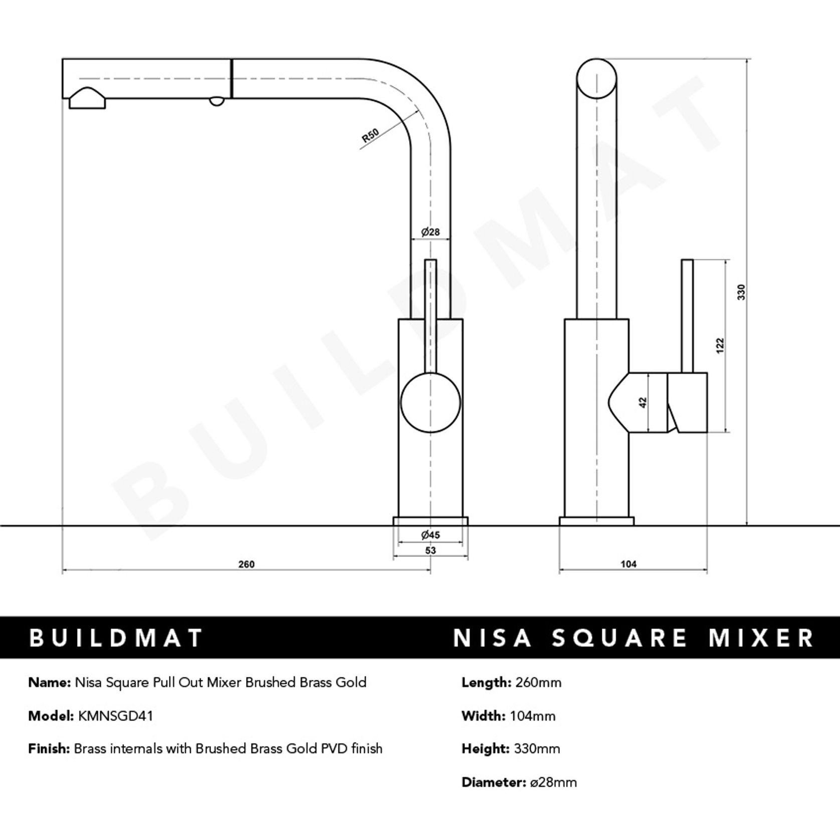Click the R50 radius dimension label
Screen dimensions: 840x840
[x=370, y=136]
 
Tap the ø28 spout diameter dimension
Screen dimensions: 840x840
[x=430, y=232]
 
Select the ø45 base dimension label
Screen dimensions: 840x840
[x=430, y=535]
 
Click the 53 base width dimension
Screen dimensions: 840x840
[x=430, y=550]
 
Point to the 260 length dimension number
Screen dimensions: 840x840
[x=246, y=564]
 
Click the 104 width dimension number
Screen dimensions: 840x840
[x=628, y=564]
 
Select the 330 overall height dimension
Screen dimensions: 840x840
[x=742, y=292]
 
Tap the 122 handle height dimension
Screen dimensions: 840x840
[x=720, y=346]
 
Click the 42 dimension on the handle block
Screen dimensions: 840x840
[x=644, y=402]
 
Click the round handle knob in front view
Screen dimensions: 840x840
[x=430, y=403]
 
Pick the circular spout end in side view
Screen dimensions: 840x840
[x=596, y=79]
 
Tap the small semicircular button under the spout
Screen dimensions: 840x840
[x=217, y=101]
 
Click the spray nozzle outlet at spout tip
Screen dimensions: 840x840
[x=87, y=100]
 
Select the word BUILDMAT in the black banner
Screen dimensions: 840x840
[x=116, y=638]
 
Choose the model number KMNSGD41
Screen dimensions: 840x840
[x=115, y=716]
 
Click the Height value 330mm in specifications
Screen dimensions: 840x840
[x=537, y=749]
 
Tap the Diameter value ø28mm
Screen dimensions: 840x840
[x=553, y=782]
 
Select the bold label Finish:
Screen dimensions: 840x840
[x=49, y=749]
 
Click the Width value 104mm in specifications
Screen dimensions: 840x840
[x=532, y=716]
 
